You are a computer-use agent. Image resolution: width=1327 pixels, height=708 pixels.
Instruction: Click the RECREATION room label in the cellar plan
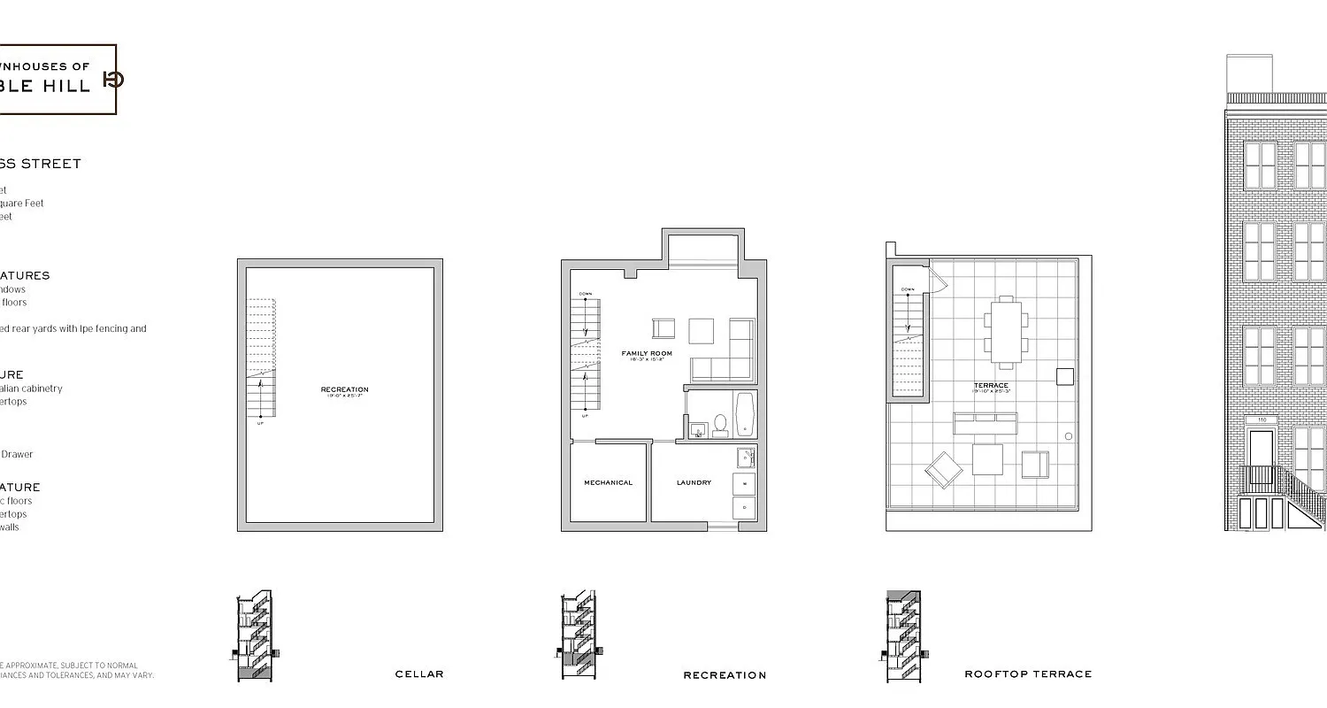pos(344,389)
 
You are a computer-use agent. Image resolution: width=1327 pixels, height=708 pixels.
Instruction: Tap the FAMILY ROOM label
pos(646,354)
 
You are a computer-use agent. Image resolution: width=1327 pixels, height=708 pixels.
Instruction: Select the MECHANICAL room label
pos(608,482)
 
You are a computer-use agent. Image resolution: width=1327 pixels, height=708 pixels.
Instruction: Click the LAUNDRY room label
pos(694,482)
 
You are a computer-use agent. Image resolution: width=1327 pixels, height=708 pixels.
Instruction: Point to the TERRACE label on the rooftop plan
pos(990,386)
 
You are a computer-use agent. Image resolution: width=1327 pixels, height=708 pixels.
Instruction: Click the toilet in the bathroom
pos(720,425)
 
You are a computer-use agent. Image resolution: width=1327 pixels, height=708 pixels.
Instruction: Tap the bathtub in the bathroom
pos(744,415)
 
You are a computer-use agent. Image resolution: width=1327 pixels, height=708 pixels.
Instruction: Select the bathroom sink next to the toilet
pos(698,430)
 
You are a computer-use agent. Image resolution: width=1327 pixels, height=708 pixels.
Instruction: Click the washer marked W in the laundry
pos(744,485)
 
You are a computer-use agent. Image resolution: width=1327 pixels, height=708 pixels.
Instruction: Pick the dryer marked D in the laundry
pos(744,508)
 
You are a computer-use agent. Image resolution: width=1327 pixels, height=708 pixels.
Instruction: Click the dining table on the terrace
pos(1005,332)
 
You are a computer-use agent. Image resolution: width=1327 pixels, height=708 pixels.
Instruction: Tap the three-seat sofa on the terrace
pos(985,423)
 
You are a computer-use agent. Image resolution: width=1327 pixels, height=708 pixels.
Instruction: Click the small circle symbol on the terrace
pos(1068,436)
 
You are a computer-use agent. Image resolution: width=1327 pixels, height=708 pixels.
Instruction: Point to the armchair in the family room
pos(663,328)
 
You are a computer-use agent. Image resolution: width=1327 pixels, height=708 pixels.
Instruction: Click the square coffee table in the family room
pos(701,330)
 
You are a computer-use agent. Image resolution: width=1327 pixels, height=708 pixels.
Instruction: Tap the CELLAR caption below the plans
pos(419,674)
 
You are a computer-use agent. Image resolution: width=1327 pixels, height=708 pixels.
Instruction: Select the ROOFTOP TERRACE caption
pos(1028,674)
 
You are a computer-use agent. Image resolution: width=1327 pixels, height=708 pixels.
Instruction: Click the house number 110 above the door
pos(1260,420)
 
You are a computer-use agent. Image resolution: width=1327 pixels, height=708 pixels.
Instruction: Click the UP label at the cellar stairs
pos(260,423)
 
